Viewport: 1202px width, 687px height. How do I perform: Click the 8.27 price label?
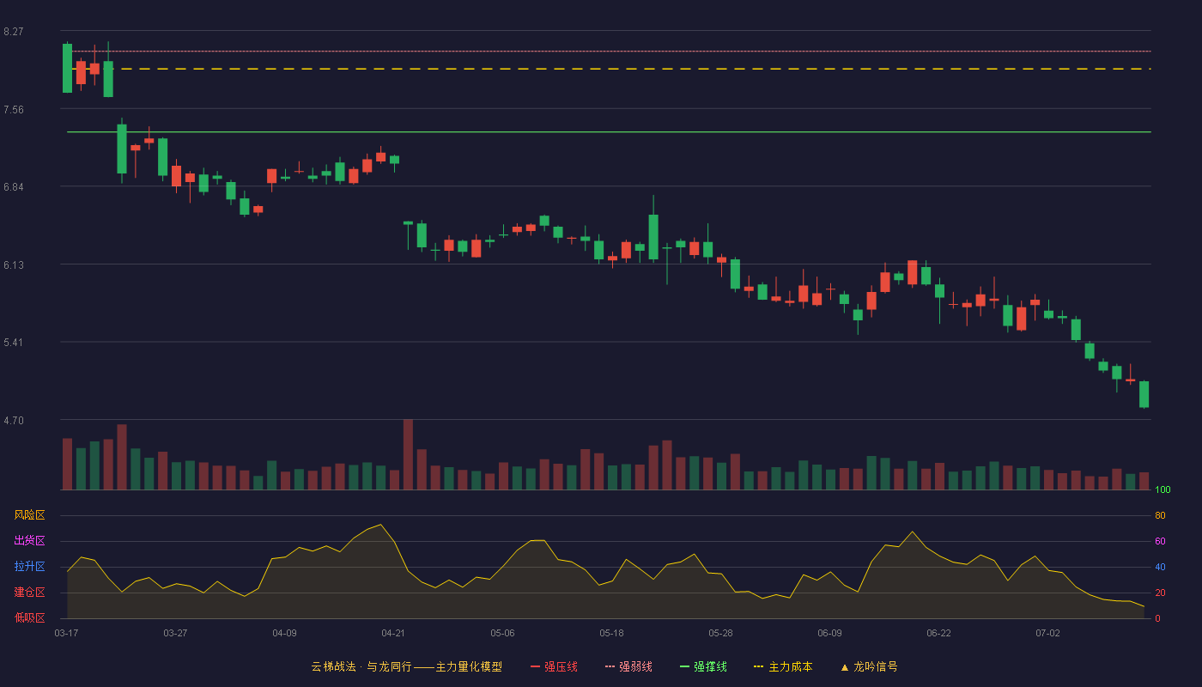(x=14, y=32)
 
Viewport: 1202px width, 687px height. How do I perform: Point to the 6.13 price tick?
(x=14, y=265)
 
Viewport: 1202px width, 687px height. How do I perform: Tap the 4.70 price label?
(x=14, y=421)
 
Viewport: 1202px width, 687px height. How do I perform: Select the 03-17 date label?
(x=66, y=634)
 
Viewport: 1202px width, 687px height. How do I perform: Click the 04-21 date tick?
(x=393, y=634)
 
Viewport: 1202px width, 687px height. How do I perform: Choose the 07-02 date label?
(x=1047, y=634)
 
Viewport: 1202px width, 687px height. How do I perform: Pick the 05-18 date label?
(x=611, y=634)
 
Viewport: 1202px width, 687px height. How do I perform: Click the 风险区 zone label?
(x=29, y=515)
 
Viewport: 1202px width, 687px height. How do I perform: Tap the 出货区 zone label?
(x=29, y=540)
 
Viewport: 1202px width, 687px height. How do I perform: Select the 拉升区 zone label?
(x=29, y=566)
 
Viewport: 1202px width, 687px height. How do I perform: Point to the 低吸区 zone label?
(x=29, y=617)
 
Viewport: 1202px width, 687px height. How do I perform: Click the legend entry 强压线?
(x=554, y=667)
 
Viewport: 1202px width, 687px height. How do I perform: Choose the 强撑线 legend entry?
(x=703, y=667)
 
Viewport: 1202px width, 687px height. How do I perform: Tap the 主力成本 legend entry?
(x=783, y=667)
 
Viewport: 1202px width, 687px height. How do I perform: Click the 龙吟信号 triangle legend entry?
(x=869, y=667)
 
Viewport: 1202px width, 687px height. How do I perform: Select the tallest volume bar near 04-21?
(x=408, y=454)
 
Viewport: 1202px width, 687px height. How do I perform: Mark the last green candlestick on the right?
(x=1144, y=394)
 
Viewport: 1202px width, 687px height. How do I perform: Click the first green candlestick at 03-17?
(x=67, y=68)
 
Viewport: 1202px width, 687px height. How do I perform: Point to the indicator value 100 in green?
(x=1163, y=489)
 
